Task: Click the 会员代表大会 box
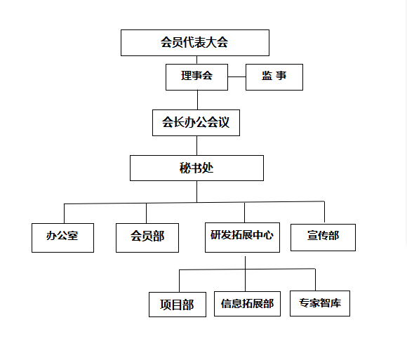point(195,43)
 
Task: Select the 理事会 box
point(196,77)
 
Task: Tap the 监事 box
point(274,77)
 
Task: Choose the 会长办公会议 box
point(196,123)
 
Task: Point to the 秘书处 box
point(196,168)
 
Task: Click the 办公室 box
point(62,237)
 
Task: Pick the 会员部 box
point(147,237)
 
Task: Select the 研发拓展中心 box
point(242,237)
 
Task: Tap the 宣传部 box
point(323,237)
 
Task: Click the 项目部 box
point(178,304)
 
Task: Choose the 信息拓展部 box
point(247,304)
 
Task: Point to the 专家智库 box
point(320,303)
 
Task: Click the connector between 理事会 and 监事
point(236,76)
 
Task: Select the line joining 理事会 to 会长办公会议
point(197,100)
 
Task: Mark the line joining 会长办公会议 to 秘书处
point(196,145)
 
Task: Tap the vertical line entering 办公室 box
point(64,213)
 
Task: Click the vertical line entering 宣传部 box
point(324,212)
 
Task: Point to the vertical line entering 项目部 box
point(180,281)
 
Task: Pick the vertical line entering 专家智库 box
point(315,280)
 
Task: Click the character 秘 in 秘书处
point(185,168)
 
